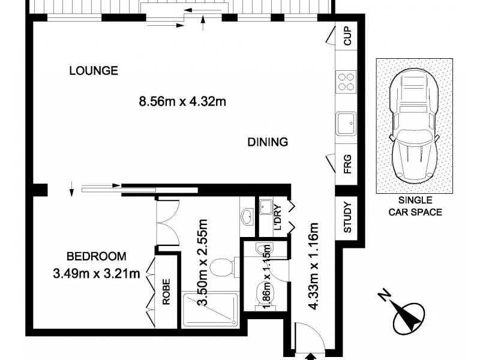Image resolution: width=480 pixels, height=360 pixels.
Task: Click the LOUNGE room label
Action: [x=93, y=70]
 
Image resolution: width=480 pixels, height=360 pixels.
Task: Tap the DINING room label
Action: [x=268, y=142]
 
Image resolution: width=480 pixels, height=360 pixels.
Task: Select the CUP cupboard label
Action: [x=347, y=38]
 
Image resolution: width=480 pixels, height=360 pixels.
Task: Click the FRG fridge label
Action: [x=347, y=164]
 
